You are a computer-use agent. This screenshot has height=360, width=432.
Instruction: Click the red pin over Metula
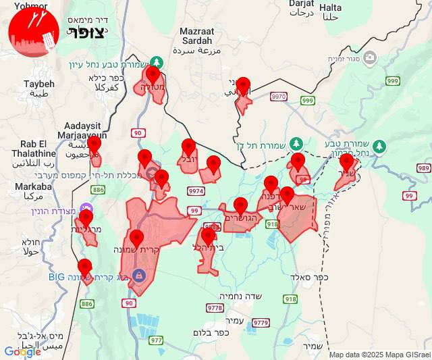(153, 76)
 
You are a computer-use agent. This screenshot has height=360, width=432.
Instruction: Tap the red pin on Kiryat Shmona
(137, 239)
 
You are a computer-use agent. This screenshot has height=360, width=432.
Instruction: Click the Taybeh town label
(38, 88)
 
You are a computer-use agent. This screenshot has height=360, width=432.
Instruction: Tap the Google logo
(22, 351)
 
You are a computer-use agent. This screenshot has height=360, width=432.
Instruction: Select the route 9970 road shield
(278, 97)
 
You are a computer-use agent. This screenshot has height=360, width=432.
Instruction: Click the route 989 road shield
(424, 168)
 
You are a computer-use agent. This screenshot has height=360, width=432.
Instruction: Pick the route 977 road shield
(157, 340)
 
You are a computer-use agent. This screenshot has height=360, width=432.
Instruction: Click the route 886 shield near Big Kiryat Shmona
(87, 304)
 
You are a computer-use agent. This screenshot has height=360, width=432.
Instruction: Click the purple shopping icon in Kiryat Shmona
(139, 275)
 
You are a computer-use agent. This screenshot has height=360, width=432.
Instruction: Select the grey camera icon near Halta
(369, 58)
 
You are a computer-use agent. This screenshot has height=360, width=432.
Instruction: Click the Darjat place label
(302, 6)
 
